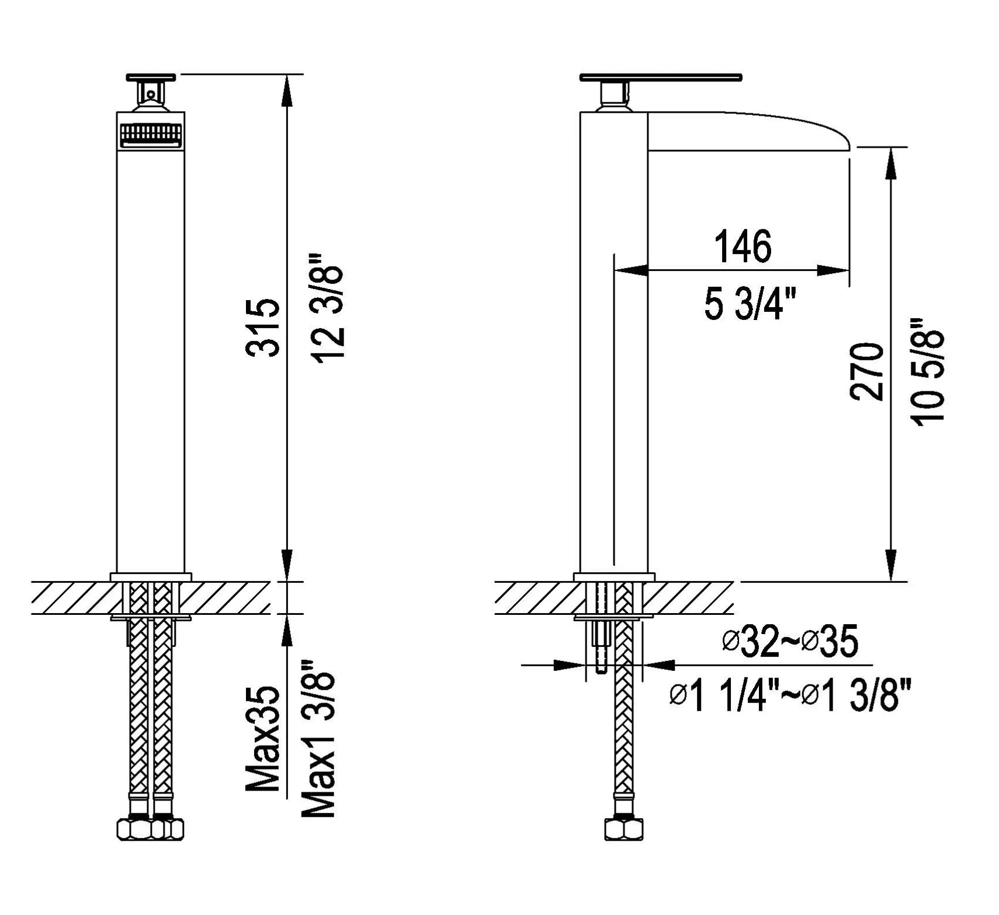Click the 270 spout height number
866,371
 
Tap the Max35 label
263,739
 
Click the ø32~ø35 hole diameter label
790,641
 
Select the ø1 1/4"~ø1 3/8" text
790,695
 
